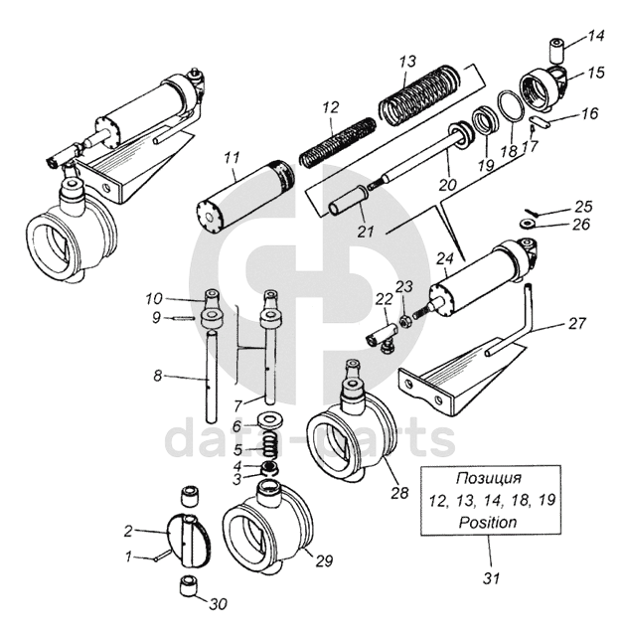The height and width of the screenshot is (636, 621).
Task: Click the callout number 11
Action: [x=232, y=158]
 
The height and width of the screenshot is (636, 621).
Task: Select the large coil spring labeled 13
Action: [x=420, y=94]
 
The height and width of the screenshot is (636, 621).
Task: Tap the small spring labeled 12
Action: [x=338, y=141]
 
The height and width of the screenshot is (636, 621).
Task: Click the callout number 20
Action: [x=448, y=184]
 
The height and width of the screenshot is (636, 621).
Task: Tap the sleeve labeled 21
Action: [x=348, y=202]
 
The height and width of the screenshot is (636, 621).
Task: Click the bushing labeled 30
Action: [x=188, y=585]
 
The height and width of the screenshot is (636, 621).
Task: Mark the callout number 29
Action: [x=324, y=560]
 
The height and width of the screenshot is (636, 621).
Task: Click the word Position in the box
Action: [x=488, y=522]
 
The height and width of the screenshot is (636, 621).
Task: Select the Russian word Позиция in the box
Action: [x=489, y=478]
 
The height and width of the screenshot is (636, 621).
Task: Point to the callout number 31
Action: [x=491, y=578]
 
